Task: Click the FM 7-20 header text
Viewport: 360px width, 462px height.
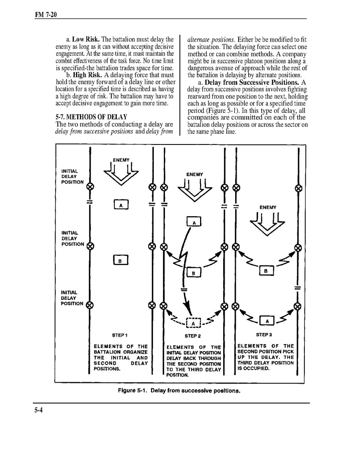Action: tap(46, 15)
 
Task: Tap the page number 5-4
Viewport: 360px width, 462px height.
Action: tap(38, 410)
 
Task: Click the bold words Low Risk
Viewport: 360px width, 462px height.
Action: tap(86, 39)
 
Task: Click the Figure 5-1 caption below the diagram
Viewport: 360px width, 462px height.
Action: tap(179, 390)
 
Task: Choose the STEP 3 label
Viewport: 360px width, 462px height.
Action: tap(264, 334)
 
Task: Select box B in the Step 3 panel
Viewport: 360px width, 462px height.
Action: tap(266, 271)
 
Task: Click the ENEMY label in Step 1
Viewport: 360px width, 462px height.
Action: tap(121, 160)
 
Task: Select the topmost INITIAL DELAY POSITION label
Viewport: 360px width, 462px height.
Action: tap(72, 176)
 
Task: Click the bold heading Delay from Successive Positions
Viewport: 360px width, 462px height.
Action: tap(252, 82)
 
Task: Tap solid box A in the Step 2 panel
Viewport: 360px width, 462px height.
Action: tap(194, 222)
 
